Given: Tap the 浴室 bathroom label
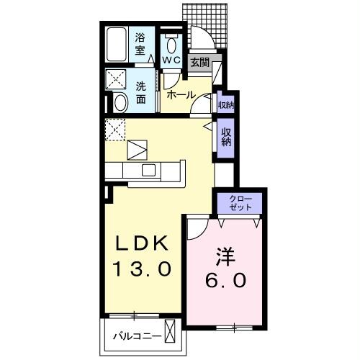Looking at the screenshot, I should pos(142,45).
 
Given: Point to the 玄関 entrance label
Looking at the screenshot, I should pos(199,63).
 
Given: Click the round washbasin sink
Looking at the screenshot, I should pos(120,103).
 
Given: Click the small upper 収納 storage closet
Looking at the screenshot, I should pos(225,105).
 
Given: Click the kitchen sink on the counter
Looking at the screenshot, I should pos(149,170).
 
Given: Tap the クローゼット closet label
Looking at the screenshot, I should pos(240,202).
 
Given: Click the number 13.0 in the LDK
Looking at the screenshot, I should pos(141,269).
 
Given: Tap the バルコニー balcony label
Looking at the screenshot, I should pos(135,336).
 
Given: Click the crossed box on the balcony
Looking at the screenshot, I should pos(170,334).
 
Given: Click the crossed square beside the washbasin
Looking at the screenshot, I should pos(116,78).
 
